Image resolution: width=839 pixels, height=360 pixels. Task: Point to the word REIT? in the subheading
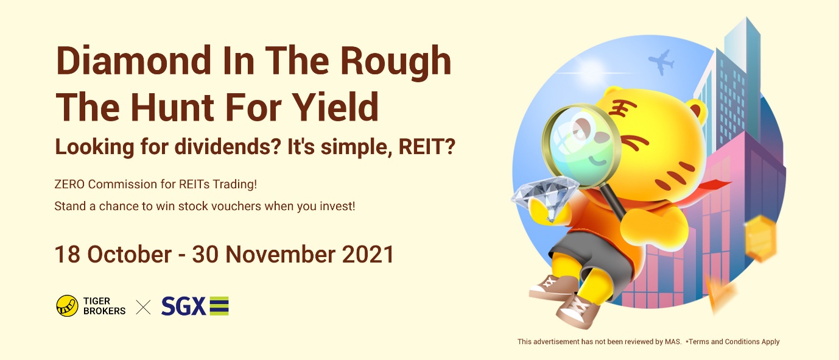pos(427,146)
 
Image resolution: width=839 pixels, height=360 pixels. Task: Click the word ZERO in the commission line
pos(69,185)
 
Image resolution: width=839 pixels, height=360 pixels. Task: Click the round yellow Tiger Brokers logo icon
pos(67,306)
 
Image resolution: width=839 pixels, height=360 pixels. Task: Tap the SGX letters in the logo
pos(183,306)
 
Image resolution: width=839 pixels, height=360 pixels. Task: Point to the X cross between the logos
pos(143,307)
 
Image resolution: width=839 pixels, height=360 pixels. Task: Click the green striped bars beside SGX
pos(219,306)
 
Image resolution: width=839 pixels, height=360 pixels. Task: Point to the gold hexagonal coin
pos(760,239)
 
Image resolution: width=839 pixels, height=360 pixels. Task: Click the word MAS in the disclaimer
pos(673,342)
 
